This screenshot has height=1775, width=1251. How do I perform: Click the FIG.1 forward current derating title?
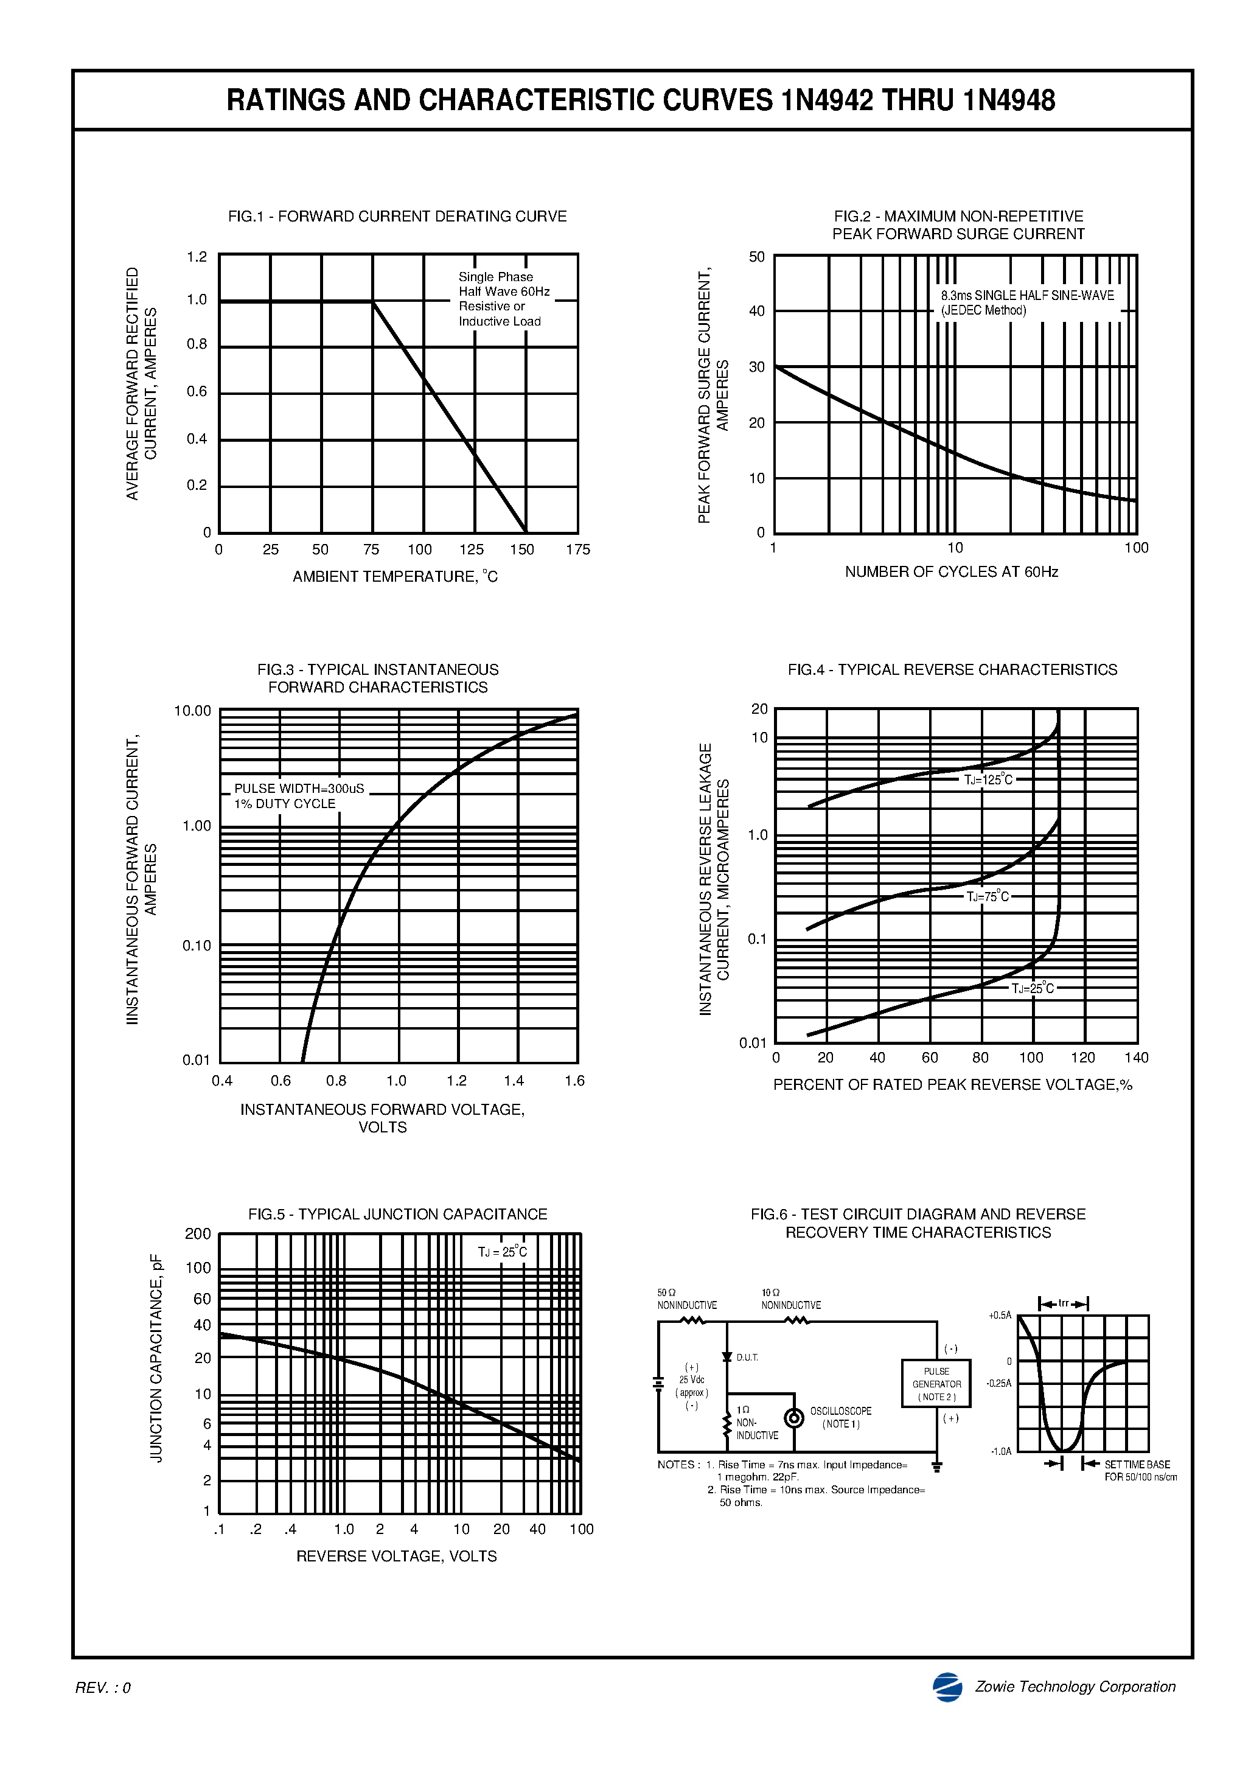point(397,217)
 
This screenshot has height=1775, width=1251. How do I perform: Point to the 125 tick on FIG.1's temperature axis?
point(471,549)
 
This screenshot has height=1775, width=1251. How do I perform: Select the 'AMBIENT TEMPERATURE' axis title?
point(395,577)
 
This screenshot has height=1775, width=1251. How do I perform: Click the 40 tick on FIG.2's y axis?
point(756,311)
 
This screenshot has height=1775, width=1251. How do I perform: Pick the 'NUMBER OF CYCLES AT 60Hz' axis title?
point(951,572)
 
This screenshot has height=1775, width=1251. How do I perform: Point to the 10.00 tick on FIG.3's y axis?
point(192,711)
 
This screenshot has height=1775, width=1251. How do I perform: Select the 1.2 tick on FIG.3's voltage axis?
point(456,1081)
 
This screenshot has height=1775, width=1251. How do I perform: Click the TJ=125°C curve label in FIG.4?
point(988,780)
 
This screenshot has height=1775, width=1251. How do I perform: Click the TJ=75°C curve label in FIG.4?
point(988,897)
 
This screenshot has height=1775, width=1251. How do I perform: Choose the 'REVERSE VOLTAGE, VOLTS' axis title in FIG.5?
point(396,1556)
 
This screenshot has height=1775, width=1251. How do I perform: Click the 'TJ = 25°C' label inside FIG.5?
point(502,1252)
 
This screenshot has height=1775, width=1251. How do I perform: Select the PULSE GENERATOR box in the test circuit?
point(936,1384)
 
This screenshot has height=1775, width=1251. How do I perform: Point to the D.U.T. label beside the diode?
point(747,1357)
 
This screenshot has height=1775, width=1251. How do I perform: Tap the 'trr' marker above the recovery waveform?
point(1063,1303)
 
